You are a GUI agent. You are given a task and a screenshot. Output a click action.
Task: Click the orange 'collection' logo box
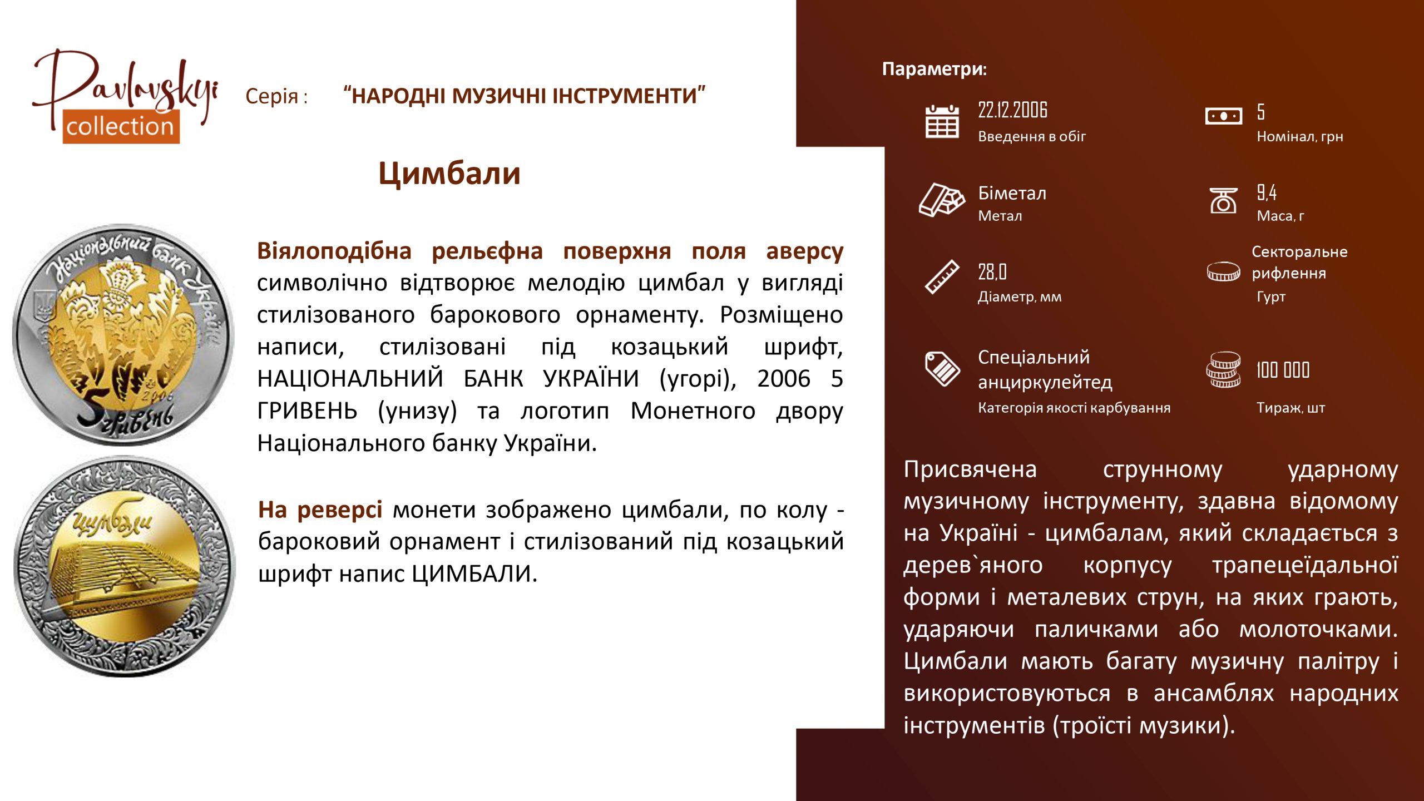coord(121,127)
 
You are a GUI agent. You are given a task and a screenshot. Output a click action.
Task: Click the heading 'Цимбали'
coord(449,174)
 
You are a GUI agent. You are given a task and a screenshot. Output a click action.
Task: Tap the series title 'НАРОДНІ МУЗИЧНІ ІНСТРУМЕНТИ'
coord(525,96)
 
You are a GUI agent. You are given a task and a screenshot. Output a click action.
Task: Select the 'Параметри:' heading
coord(934,69)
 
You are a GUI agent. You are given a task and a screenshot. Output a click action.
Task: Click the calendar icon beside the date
coord(942,121)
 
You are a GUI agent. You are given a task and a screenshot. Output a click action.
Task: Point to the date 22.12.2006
coord(1012,110)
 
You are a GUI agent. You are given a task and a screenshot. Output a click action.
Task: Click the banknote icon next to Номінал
coord(1223,116)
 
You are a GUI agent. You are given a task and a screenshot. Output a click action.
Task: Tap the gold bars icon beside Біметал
coord(942,199)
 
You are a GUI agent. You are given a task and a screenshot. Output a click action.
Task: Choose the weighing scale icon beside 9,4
coord(1223,200)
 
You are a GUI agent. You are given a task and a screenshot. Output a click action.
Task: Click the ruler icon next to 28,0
coord(942,276)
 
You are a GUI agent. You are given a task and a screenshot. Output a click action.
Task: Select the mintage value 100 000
coord(1283,370)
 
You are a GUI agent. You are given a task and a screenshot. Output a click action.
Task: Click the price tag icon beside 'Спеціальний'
coord(942,368)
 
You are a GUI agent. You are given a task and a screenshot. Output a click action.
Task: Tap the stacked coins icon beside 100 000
coord(1223,369)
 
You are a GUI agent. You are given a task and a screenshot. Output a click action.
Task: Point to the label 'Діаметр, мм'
coord(1020,296)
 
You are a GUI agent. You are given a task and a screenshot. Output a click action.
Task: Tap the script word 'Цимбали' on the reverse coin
coord(112,520)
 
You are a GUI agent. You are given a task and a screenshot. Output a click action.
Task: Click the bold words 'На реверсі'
coord(320,510)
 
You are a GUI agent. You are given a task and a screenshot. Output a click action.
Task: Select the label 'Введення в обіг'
coord(1032,136)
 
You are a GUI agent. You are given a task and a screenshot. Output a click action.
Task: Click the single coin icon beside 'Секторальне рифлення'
coord(1223,271)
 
